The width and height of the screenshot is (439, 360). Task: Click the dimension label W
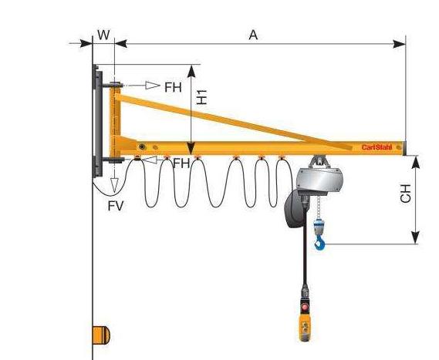(103, 35)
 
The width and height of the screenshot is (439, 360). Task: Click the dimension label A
(253, 35)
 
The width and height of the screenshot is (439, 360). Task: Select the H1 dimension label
(201, 97)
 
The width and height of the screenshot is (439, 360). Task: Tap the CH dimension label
(405, 193)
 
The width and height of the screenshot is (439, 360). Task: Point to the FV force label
(116, 206)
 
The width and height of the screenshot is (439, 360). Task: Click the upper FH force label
(173, 87)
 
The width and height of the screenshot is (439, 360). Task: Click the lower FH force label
(181, 163)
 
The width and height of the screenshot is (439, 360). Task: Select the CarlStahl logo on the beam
(377, 147)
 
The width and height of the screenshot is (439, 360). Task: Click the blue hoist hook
(319, 242)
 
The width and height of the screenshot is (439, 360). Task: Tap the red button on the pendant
(305, 308)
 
